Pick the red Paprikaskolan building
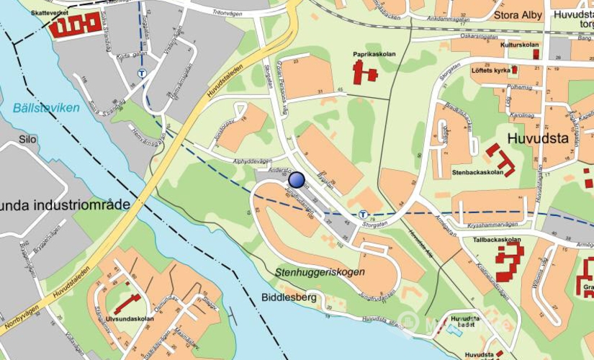tap(364, 71)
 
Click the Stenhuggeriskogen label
tap(319, 272)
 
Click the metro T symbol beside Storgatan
tap(363, 214)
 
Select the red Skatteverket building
tap(75, 26)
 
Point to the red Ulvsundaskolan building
tap(128, 302)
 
